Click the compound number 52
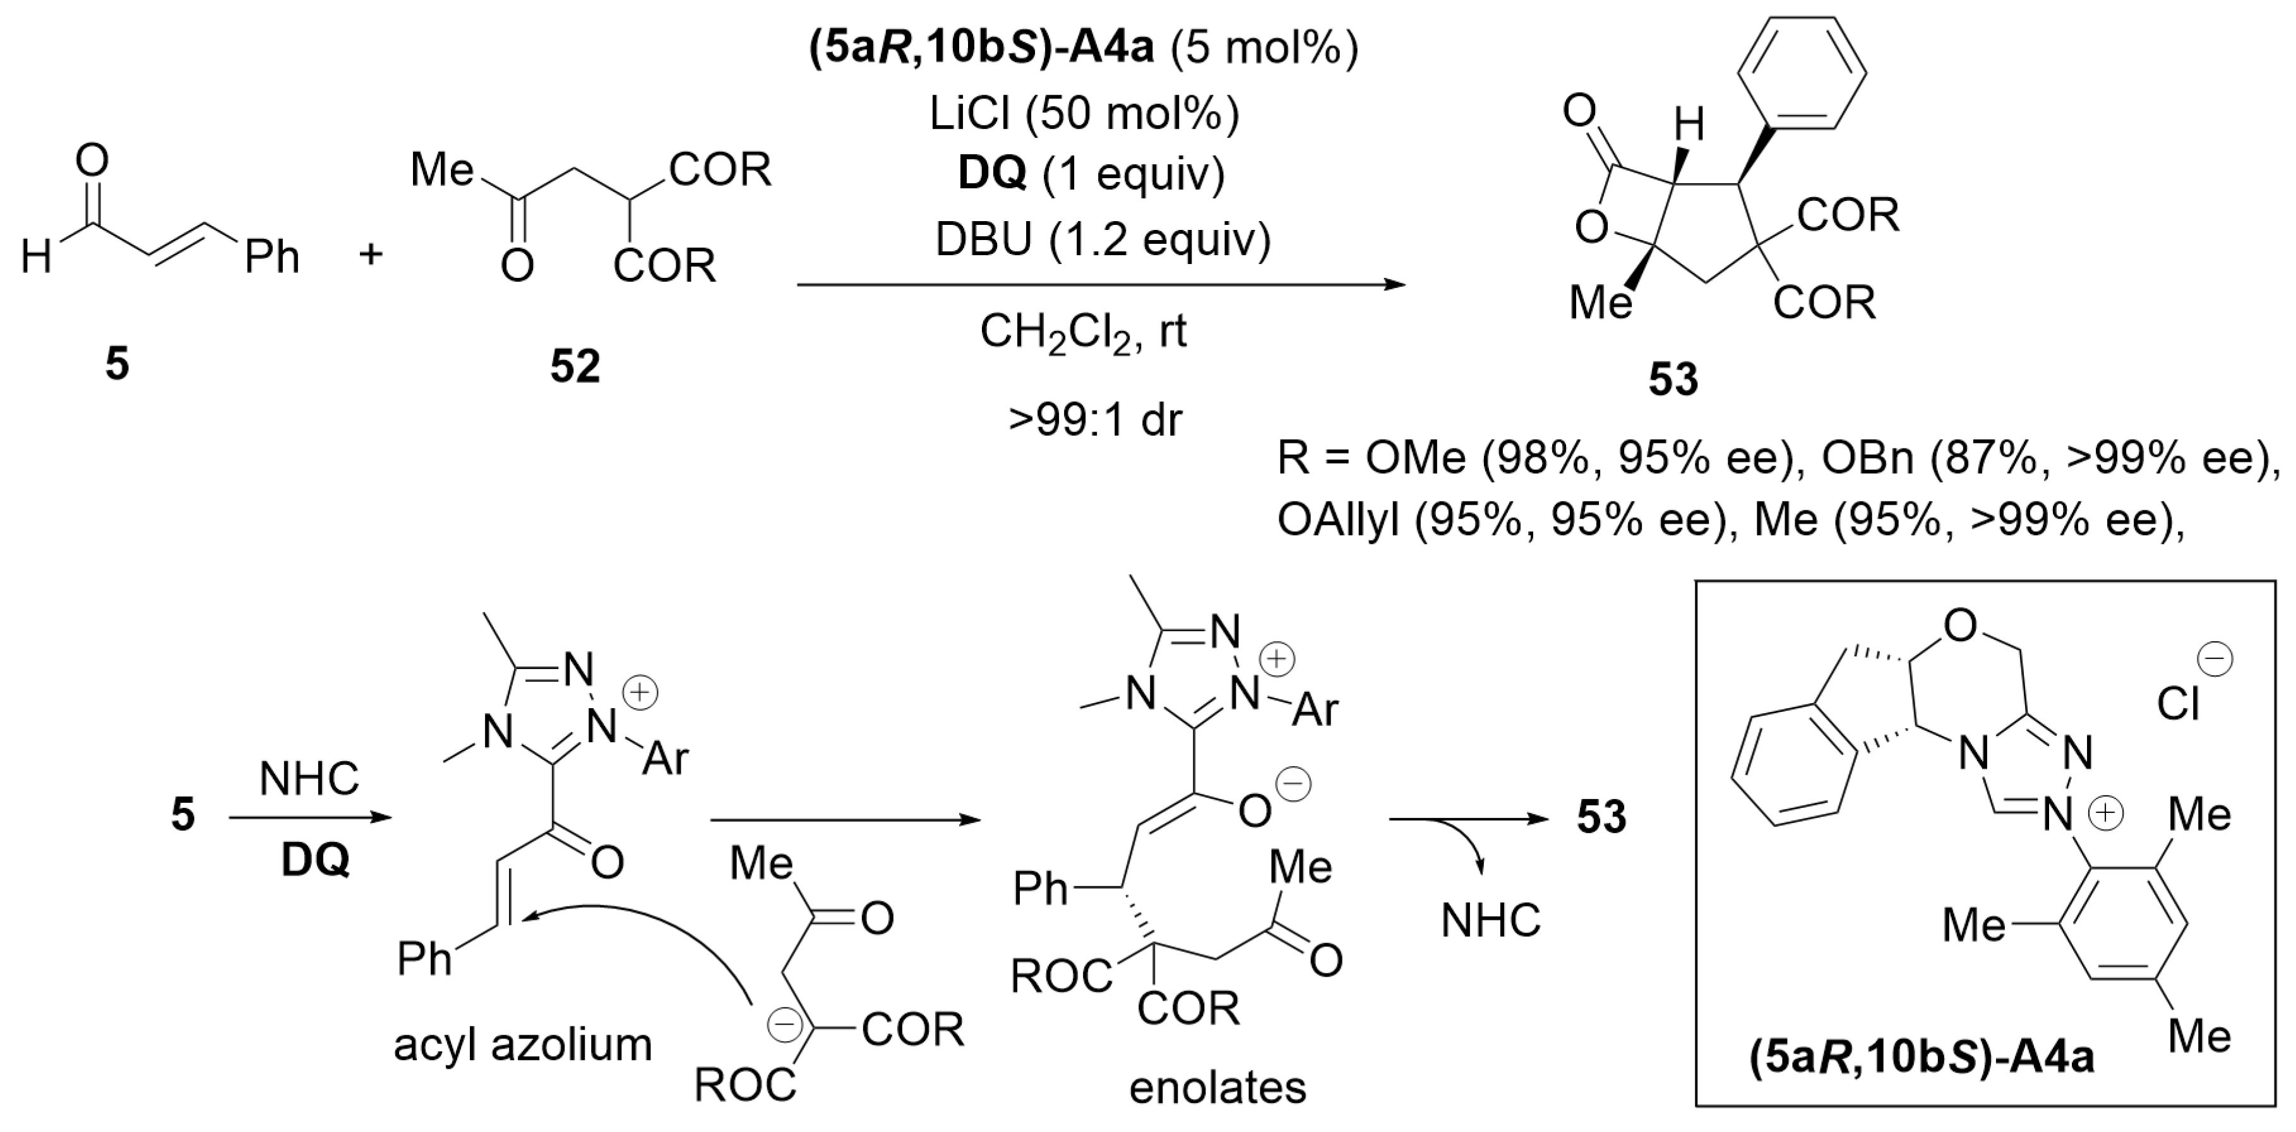coord(575,366)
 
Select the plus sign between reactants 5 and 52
coord(371,255)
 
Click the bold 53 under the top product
coord(1673,379)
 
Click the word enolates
coord(1217,1087)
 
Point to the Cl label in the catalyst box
coord(2177,705)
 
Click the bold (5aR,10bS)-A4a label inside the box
coord(1922,1058)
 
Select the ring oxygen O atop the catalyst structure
coord(1960,627)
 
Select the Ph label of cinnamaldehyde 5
coord(272,258)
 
